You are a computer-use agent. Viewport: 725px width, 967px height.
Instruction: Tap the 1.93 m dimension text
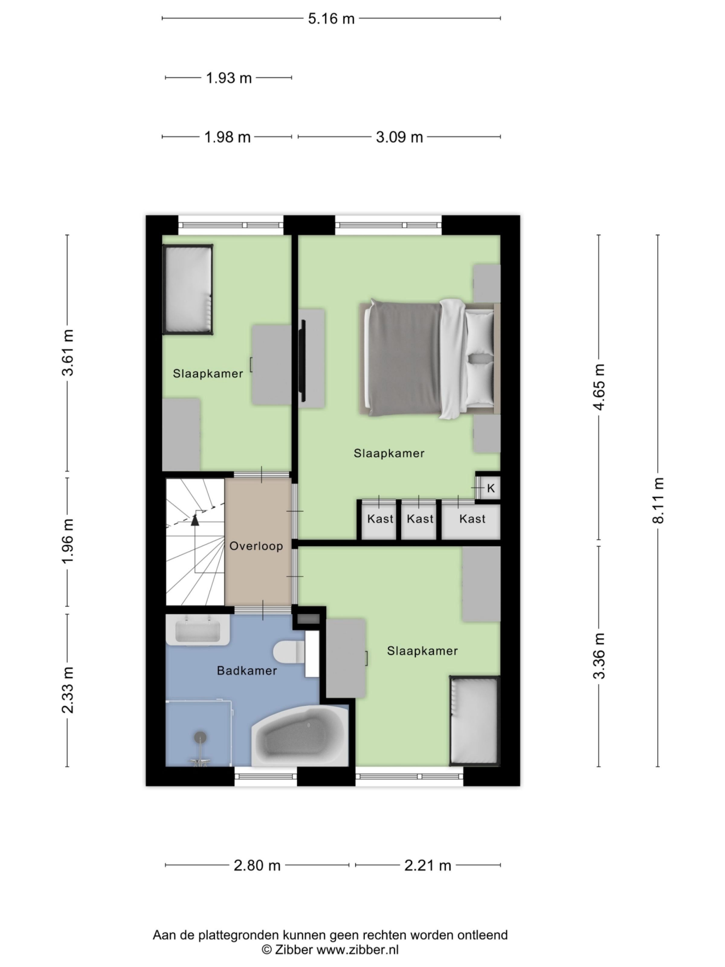pos(229,78)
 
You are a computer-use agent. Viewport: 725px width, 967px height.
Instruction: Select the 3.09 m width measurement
pos(399,137)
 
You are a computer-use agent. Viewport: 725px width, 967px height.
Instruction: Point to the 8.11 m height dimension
pos(658,500)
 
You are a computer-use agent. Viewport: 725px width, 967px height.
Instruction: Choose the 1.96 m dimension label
pos(68,541)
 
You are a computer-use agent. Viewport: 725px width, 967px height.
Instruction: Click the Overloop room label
pos(256,546)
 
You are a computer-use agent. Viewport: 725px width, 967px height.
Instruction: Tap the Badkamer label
pos(247,671)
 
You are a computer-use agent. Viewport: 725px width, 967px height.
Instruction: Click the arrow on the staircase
pos(195,520)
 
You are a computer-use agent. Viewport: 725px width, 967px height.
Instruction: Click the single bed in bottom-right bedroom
pos(475,721)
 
